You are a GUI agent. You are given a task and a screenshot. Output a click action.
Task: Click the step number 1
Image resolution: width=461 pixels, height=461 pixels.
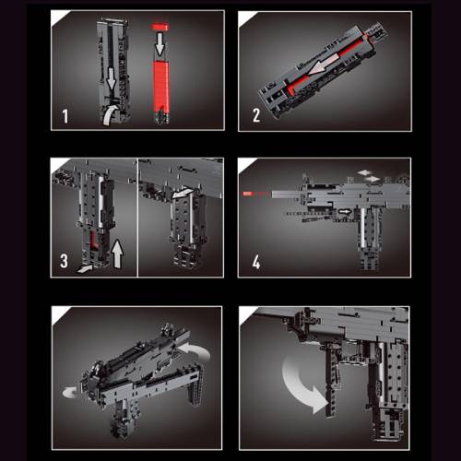click(65, 116)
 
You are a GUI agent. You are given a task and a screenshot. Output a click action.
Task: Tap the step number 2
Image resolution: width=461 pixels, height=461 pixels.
click(256, 115)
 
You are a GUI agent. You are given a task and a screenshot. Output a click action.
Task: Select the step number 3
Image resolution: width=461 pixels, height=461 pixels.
click(64, 261)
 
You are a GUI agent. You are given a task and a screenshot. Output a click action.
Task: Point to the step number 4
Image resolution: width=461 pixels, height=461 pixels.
click(256, 263)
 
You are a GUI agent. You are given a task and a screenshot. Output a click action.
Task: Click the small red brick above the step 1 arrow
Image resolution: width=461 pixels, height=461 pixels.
click(160, 27)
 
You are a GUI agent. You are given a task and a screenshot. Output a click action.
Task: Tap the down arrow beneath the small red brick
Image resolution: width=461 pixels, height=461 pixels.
click(160, 44)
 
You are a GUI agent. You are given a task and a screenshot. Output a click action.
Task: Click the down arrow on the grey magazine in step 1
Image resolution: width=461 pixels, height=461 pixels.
click(112, 79)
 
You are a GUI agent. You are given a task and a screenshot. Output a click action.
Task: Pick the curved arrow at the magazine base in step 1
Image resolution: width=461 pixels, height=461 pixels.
click(110, 115)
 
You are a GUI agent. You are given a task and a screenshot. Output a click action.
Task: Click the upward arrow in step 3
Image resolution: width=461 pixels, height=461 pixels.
click(118, 254)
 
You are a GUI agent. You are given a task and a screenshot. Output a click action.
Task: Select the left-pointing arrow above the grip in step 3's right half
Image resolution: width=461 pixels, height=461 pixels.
click(183, 193)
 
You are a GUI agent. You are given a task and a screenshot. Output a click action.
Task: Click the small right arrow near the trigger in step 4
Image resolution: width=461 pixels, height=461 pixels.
click(345, 211)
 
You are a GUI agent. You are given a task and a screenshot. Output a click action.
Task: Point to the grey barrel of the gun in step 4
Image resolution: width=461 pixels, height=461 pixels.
click(288, 194)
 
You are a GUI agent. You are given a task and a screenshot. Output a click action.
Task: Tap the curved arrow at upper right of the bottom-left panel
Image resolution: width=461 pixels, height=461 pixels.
click(196, 350)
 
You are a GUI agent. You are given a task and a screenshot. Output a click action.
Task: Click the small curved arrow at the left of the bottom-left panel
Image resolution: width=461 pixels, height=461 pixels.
click(70, 393)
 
